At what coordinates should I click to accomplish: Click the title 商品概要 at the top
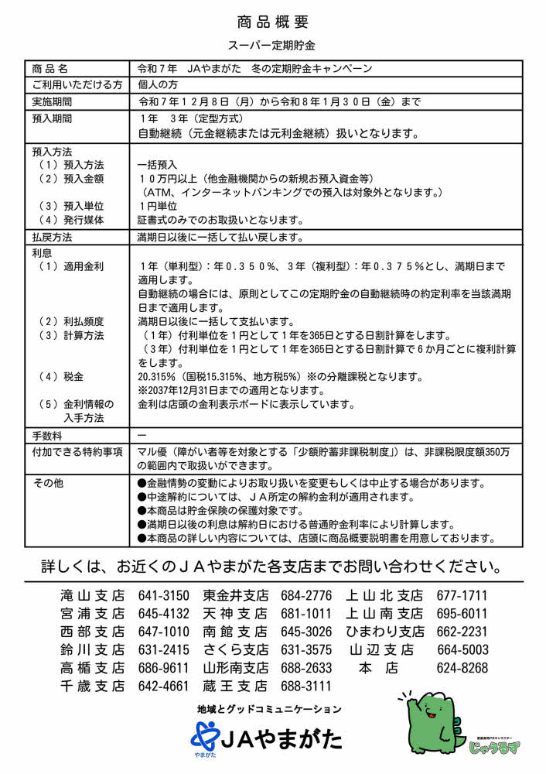(x=272, y=21)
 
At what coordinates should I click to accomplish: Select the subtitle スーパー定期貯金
(x=272, y=46)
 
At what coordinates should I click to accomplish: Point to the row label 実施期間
(x=53, y=101)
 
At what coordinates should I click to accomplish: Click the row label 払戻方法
(x=53, y=237)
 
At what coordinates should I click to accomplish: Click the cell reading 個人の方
(x=158, y=84)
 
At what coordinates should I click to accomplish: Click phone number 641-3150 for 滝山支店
(x=163, y=596)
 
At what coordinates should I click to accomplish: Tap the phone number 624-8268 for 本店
(x=462, y=668)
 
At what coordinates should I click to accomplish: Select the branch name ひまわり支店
(x=384, y=632)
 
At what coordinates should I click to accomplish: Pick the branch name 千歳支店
(x=92, y=686)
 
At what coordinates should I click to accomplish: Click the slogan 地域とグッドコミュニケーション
(x=269, y=708)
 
